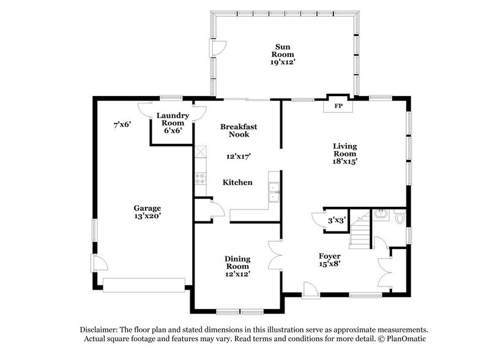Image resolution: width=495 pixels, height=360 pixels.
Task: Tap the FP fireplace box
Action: pos(337,105)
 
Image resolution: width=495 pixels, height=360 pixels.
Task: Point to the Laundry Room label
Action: pos(172,122)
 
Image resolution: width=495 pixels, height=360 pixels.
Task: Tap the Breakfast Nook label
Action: pos(238,130)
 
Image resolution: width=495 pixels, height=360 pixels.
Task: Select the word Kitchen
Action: pos(237,182)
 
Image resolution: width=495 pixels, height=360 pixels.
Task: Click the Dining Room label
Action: pos(237,266)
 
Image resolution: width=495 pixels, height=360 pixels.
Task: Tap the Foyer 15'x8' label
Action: pos(329,260)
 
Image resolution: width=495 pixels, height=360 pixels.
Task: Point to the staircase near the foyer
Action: pos(361,234)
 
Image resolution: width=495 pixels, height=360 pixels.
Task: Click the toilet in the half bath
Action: pos(400,217)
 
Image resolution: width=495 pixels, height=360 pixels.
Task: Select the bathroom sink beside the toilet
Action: pos(381,214)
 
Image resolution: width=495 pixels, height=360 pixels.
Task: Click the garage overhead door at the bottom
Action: pos(144,285)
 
